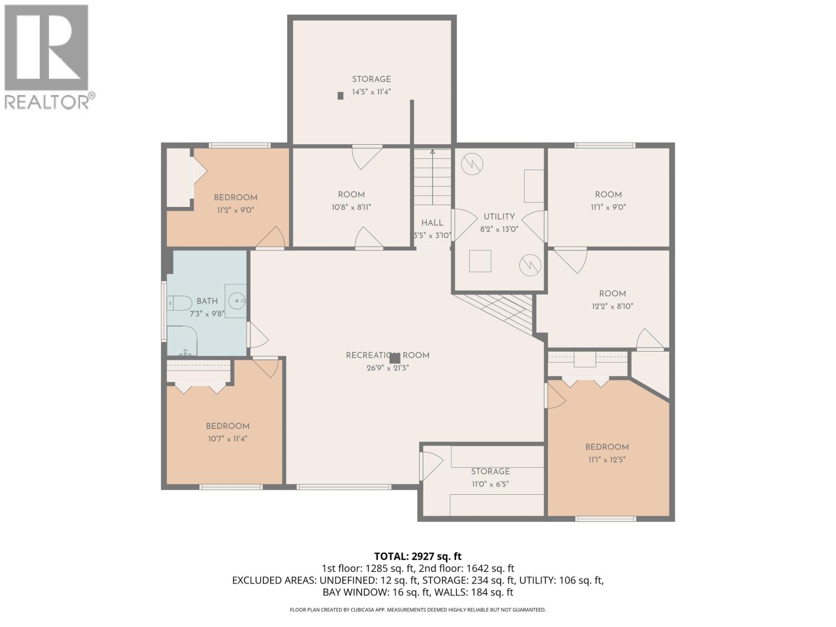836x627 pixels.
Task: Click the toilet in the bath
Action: (x=180, y=303)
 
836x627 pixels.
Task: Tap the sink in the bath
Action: (x=236, y=301)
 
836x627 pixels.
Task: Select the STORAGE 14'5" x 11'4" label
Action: (x=371, y=85)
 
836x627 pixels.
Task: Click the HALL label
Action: (x=432, y=223)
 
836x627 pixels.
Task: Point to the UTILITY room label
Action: (x=499, y=216)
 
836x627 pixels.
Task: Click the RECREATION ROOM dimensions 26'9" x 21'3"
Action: (x=388, y=368)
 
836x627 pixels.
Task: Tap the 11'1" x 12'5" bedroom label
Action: (x=607, y=453)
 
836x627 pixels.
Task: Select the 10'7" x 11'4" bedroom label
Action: (x=227, y=432)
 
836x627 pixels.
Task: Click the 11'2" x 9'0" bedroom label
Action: (x=235, y=203)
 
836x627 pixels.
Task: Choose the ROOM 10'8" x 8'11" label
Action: (x=351, y=201)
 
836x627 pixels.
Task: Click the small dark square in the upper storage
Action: (x=341, y=96)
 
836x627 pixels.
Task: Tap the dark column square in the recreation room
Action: (x=395, y=358)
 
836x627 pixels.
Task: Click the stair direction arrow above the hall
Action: (x=433, y=152)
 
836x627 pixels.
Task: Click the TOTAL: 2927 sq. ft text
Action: (x=417, y=556)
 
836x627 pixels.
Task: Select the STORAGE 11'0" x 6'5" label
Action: (x=490, y=478)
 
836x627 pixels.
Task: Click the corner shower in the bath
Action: (x=181, y=341)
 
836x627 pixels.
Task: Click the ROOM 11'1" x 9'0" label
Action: (x=608, y=200)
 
